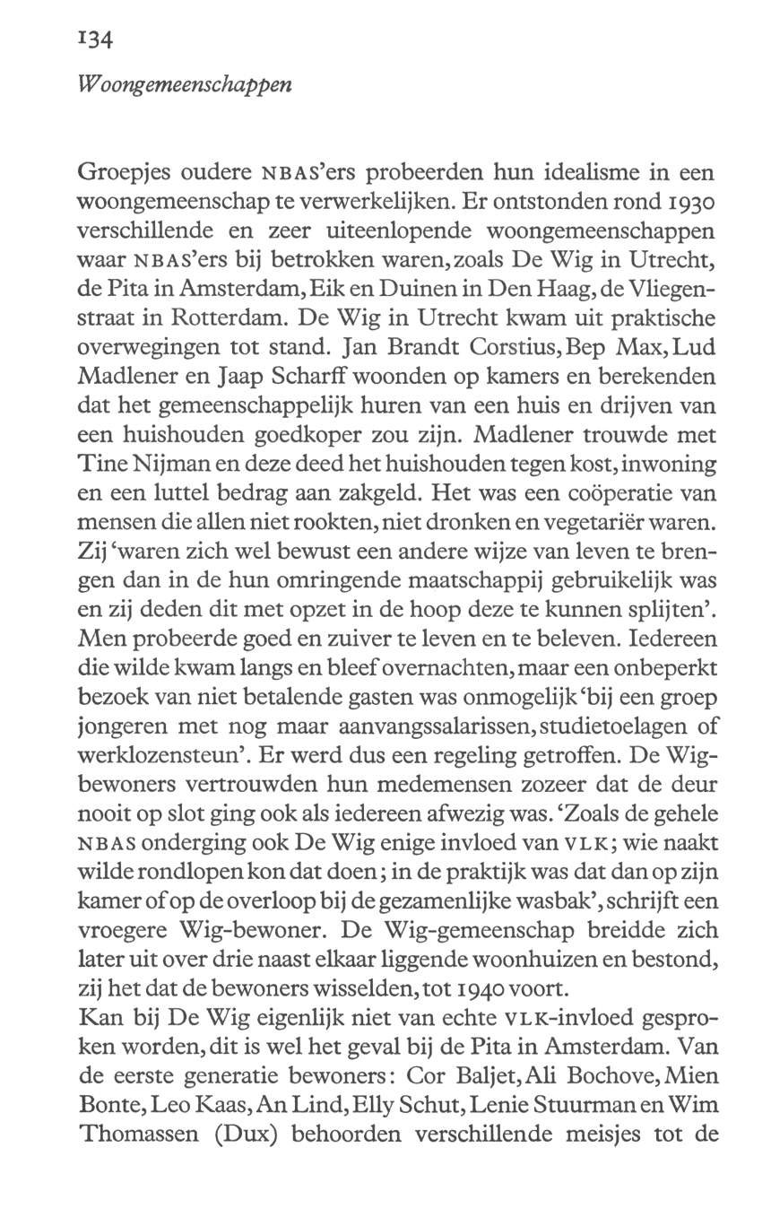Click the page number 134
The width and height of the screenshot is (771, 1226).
(93, 40)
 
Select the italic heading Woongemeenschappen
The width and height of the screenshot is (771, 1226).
(185, 86)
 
